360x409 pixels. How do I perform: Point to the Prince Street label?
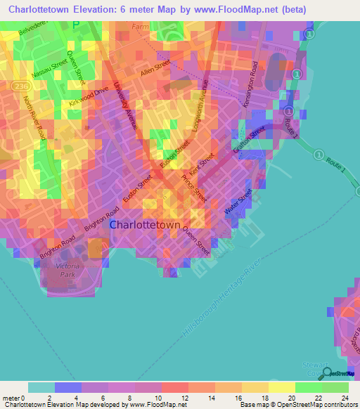195,188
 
